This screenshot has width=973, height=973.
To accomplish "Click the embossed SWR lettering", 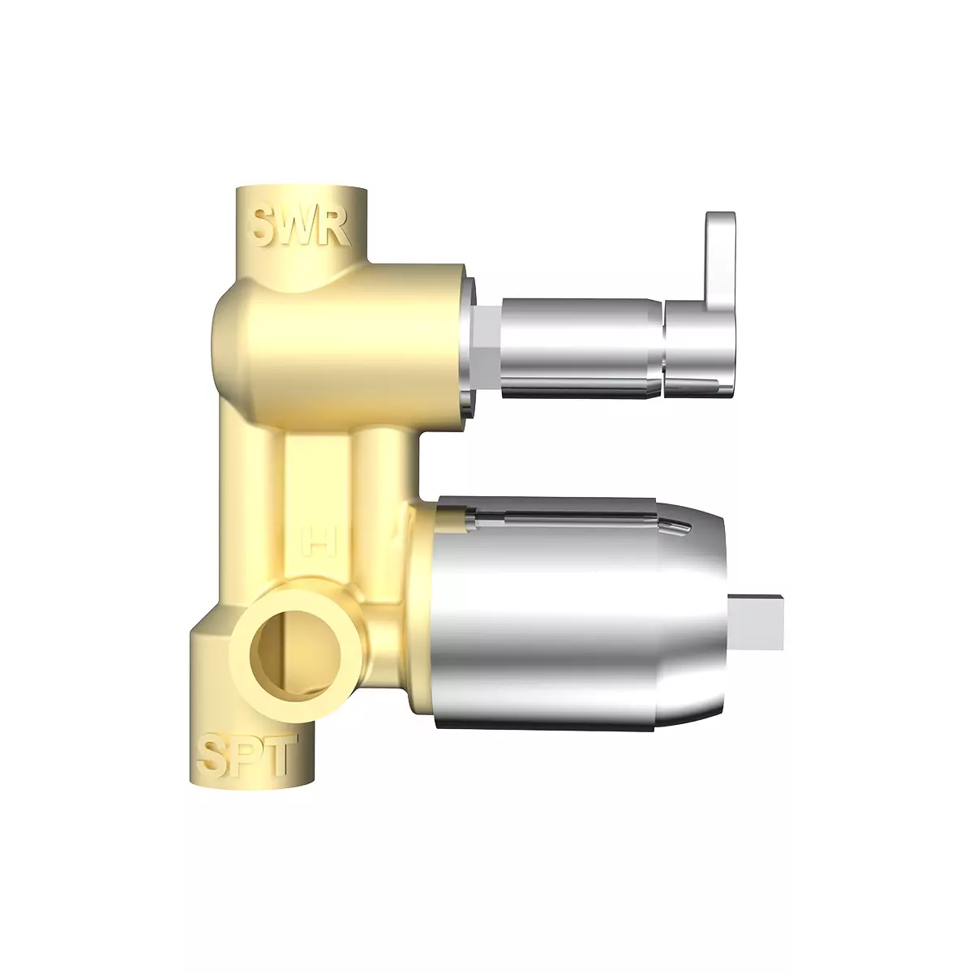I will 300,227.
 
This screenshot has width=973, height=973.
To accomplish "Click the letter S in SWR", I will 268,227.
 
